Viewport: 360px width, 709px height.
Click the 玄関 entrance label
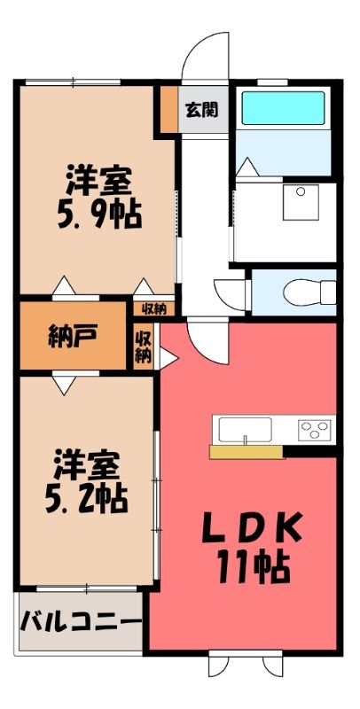(201, 109)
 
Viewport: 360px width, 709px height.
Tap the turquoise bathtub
(283, 107)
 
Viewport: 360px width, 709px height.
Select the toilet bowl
(309, 292)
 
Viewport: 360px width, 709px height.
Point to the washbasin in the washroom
(301, 202)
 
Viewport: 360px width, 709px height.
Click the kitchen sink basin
(245, 430)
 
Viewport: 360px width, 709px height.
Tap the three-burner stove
(314, 430)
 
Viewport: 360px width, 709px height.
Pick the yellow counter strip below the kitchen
(246, 452)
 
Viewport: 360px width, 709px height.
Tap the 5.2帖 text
(86, 499)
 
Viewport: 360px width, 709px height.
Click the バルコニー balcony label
(81, 621)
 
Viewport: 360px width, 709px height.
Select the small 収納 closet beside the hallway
(153, 308)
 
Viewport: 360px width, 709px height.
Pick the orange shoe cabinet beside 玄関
(169, 109)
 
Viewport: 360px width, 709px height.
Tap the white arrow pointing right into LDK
(168, 358)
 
